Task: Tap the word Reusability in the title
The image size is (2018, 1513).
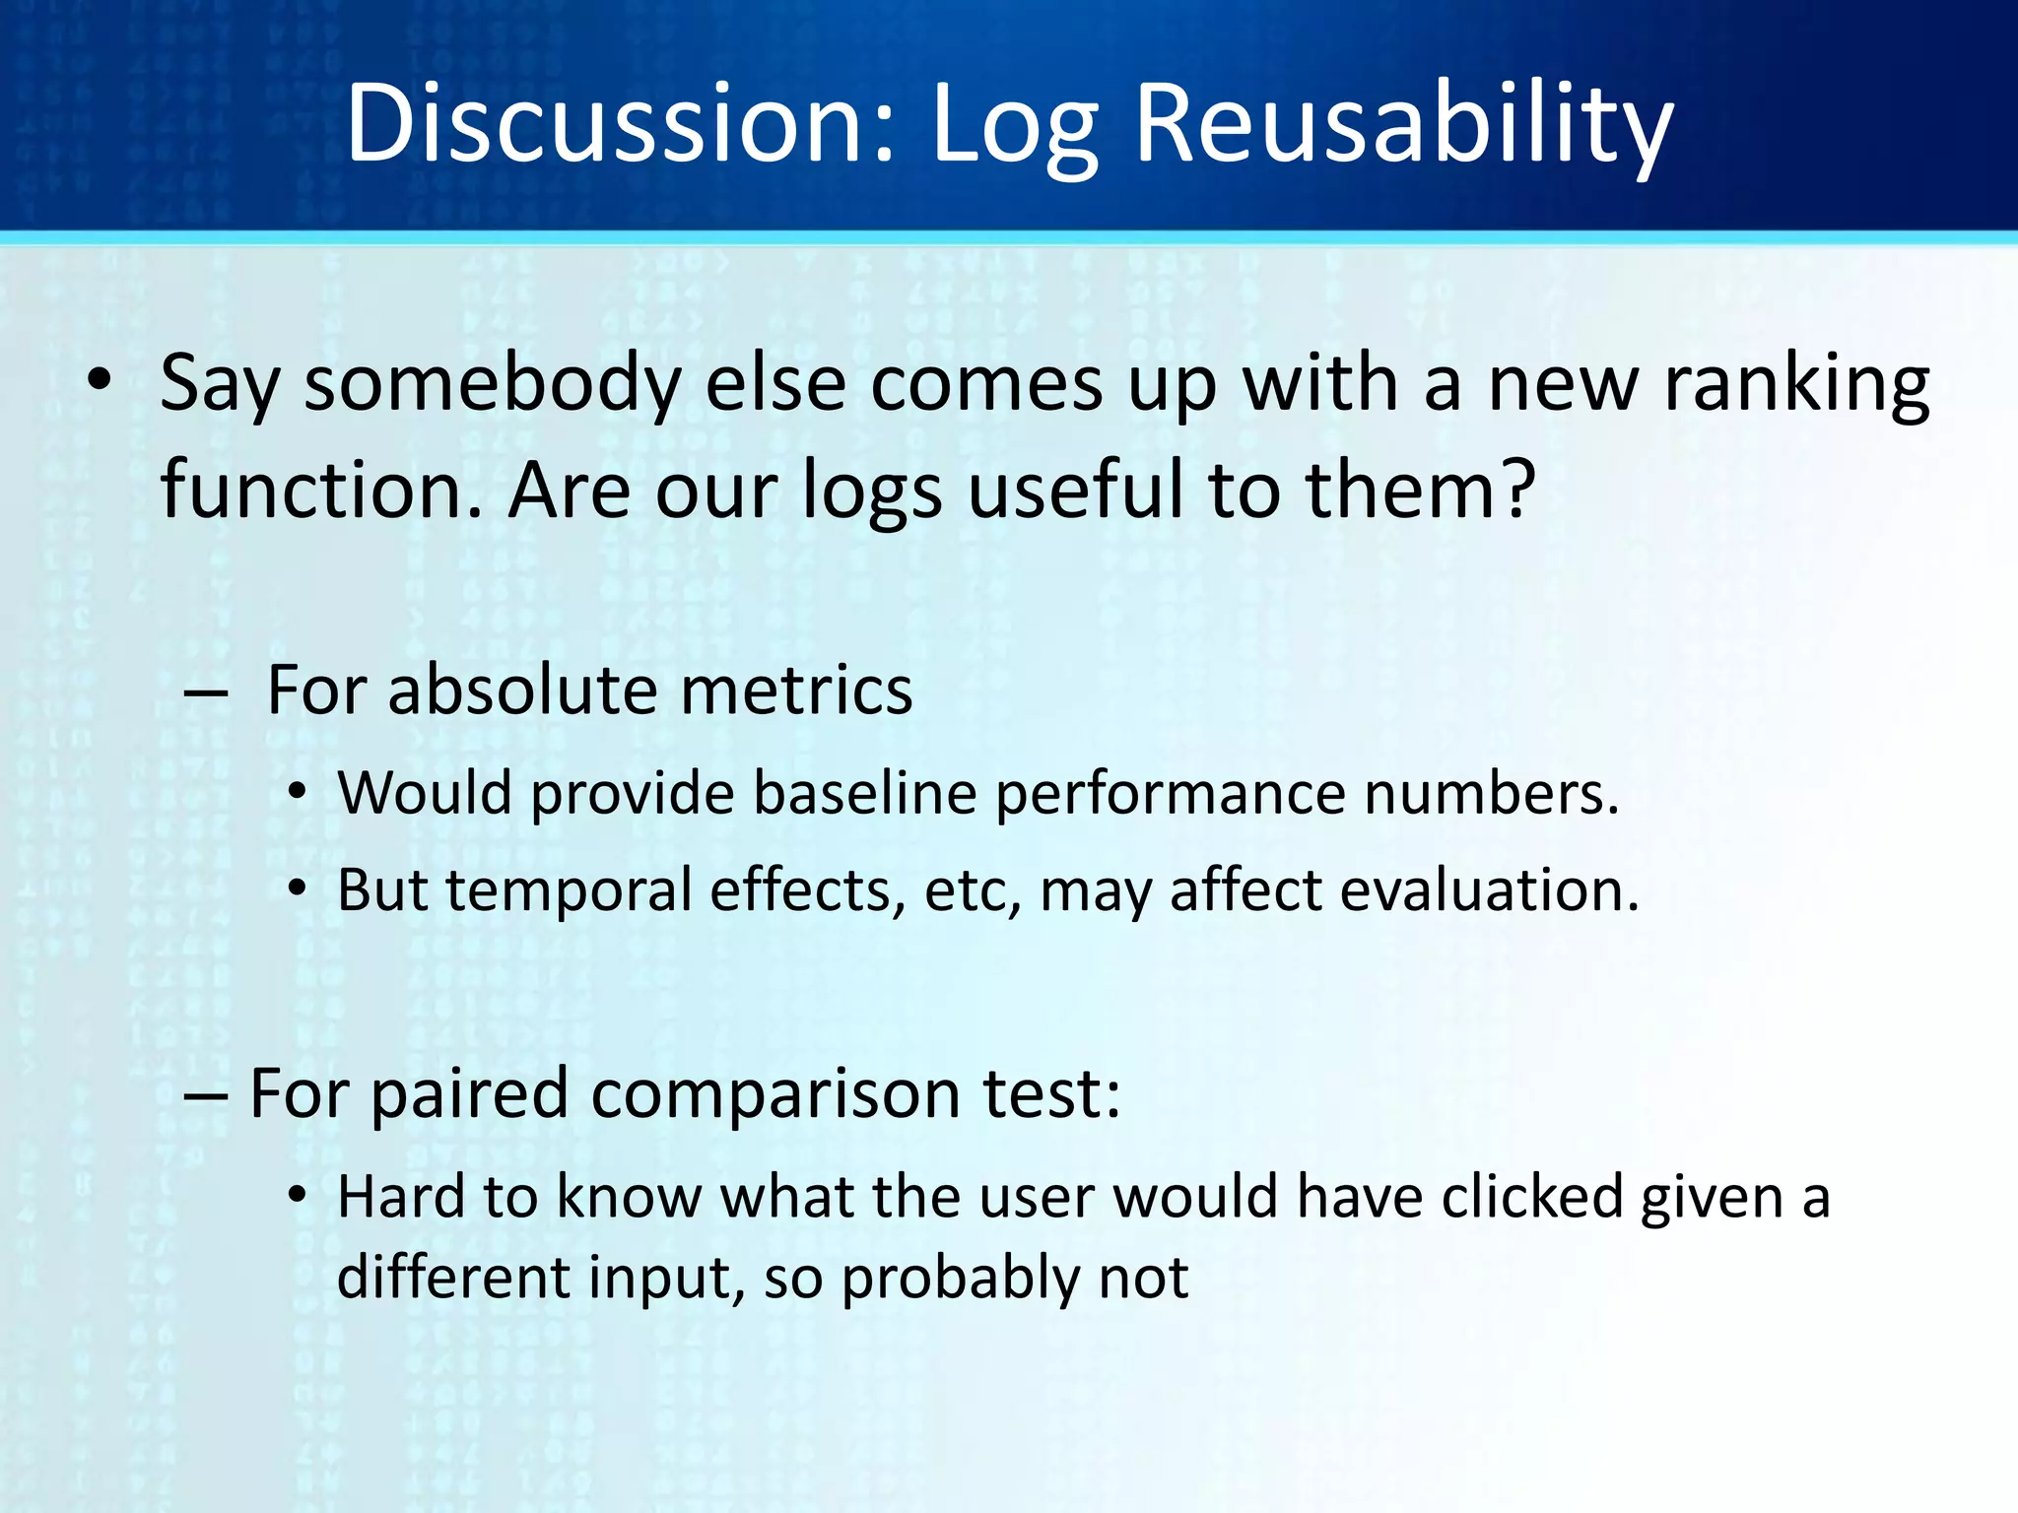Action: pos(1403,125)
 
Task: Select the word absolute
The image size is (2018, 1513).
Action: pos(523,689)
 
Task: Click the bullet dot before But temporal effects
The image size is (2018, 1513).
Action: pos(298,889)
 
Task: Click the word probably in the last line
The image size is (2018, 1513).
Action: pos(960,1278)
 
